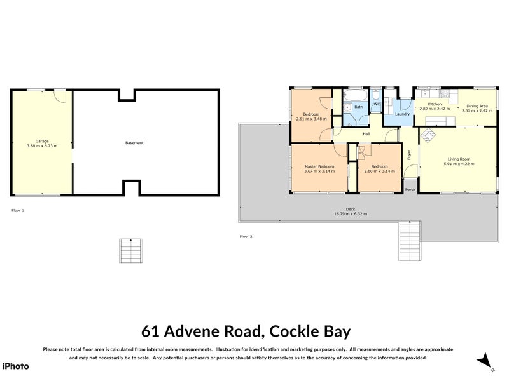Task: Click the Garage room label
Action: [42, 141]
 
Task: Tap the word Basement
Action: [134, 143]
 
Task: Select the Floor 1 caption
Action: [18, 210]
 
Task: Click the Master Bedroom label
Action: [319, 167]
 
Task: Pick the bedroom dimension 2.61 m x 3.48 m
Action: [310, 119]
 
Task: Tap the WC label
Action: [376, 104]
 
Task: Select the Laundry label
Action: [402, 114]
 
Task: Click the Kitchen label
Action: [435, 104]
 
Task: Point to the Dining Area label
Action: [477, 106]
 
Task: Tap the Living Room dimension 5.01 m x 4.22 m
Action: [459, 164]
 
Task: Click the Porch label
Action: [410, 189]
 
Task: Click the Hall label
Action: [366, 134]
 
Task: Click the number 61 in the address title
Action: [150, 331]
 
